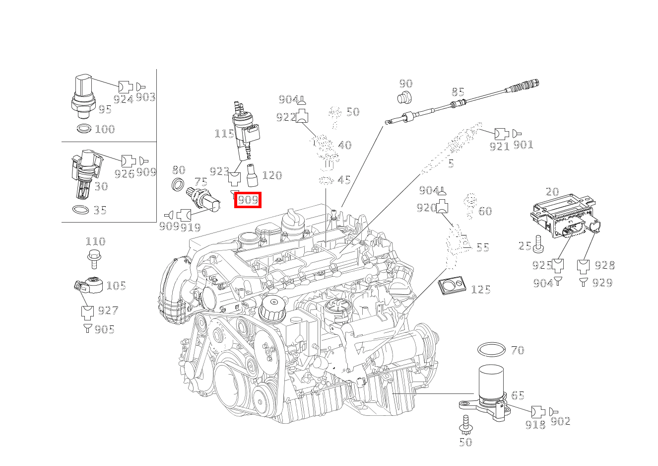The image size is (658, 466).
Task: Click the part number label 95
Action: pos(105,110)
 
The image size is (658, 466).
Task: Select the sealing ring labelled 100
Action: pos(84,129)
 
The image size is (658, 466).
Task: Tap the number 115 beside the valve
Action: pos(224,134)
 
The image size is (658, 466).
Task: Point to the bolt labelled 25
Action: pos(539,244)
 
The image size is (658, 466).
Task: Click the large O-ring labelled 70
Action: pos(492,350)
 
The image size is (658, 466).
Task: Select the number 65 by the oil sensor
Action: pos(518,395)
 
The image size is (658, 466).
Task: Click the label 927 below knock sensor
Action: pos(108,311)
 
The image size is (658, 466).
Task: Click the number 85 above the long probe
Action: pos(458,92)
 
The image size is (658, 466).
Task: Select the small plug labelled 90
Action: pos(405,97)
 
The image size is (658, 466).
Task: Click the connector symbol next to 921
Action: pos(501,133)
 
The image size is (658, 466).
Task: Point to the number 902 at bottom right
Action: pos(561,421)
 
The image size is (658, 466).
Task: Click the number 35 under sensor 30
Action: pos(100,210)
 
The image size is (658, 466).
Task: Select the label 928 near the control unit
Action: pos(604,265)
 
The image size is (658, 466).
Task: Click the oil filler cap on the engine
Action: pos(271,310)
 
